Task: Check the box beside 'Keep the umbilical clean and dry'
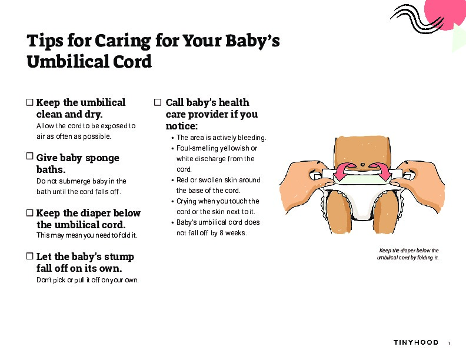[30, 102]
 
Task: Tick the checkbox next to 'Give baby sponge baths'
[30, 156]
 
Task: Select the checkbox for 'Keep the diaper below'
[30, 213]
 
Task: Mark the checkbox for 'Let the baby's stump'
[30, 256]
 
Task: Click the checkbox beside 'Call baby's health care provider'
[158, 102]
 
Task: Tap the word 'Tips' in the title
[45, 41]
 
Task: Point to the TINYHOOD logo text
[416, 342]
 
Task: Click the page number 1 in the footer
[449, 344]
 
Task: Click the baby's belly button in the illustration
[362, 165]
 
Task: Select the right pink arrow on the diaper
[381, 172]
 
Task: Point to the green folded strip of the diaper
[362, 179]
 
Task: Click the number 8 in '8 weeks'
[221, 233]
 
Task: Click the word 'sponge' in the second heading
[102, 158]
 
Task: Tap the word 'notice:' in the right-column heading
[182, 126]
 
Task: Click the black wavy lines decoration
[417, 18]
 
